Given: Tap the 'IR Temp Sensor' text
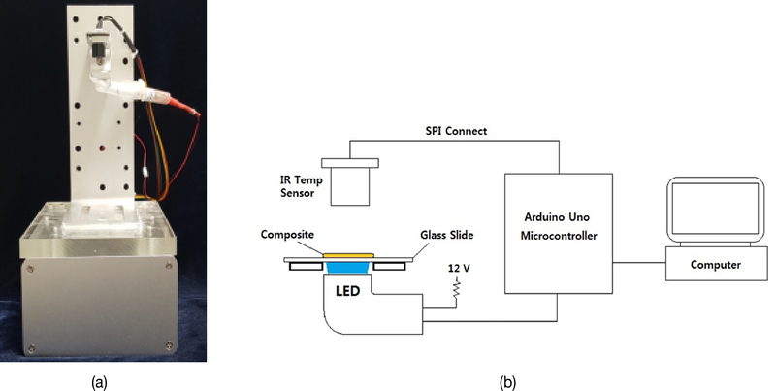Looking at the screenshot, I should [x=296, y=187].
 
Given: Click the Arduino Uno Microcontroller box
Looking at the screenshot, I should [x=558, y=234].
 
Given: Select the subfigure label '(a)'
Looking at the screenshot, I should [x=99, y=382].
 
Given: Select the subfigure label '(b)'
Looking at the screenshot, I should [x=507, y=382].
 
